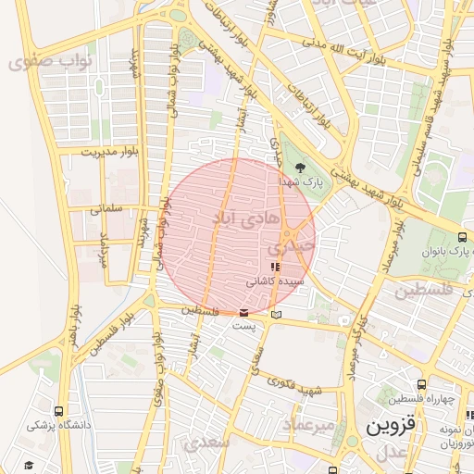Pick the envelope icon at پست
243,313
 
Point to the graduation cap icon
29,464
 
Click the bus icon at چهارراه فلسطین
421,383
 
